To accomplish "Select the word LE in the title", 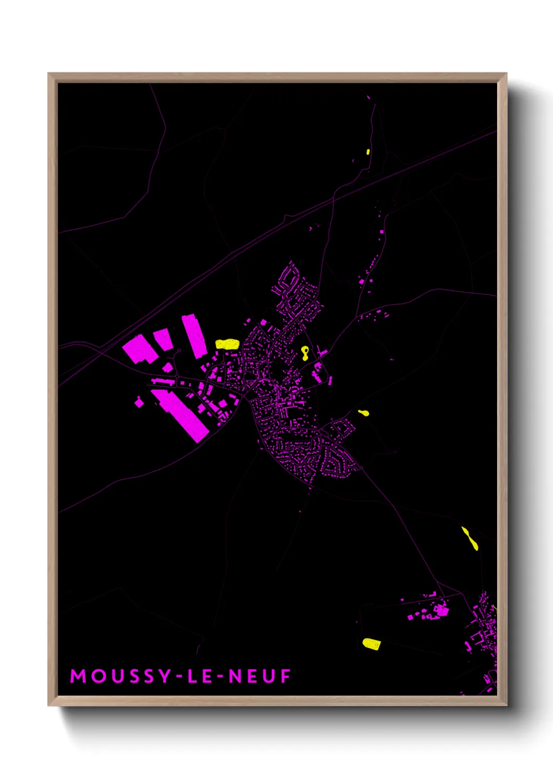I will [201, 676].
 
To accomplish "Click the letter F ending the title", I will [285, 676].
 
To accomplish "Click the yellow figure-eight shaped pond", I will [305, 354].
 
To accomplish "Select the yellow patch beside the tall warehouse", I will [227, 344].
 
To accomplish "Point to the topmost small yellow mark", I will [368, 152].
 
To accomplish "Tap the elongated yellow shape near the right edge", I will [469, 539].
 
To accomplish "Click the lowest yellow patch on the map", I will [371, 644].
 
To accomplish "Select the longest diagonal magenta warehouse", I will [180, 415].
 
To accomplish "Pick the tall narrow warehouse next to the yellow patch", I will [194, 335].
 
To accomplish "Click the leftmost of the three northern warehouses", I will [140, 349].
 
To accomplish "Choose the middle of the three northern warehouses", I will [163, 339].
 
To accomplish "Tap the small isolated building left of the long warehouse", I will [139, 402].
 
